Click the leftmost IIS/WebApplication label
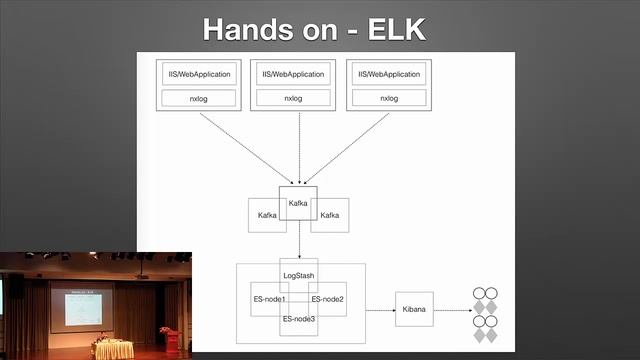(198, 74)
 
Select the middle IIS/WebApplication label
(293, 74)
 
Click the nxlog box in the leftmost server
(198, 98)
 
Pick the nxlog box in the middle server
(293, 98)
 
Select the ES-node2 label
(329, 299)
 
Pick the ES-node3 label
(298, 319)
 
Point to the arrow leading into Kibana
(380, 311)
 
